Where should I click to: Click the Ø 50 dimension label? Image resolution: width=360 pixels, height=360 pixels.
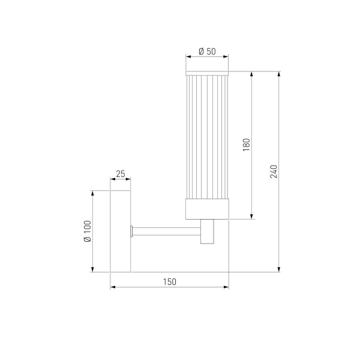(207, 52)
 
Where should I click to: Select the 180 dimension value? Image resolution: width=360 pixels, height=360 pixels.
(246, 145)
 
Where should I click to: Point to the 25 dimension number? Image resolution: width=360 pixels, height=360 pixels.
(120, 174)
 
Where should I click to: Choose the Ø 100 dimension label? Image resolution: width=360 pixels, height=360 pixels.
(88, 231)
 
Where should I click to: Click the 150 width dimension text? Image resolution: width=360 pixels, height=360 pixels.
(169, 282)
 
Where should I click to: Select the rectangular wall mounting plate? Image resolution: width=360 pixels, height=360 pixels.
(121, 231)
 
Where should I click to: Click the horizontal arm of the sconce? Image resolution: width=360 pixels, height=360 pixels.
(167, 231)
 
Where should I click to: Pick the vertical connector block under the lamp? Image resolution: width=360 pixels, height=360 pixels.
(208, 232)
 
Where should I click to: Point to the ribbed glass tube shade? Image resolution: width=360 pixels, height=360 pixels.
(207, 135)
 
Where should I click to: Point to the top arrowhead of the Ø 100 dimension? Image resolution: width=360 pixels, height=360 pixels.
(93, 194)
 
